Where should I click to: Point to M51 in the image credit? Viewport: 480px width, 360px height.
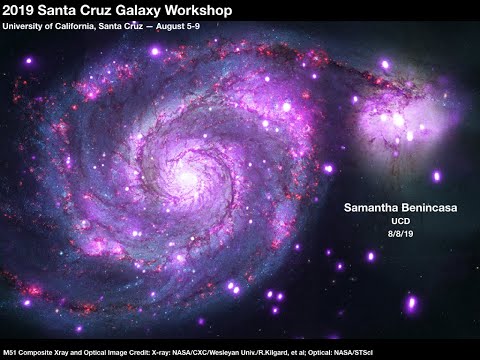point(11,352)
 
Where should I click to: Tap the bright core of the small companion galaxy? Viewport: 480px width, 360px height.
point(399,121)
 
